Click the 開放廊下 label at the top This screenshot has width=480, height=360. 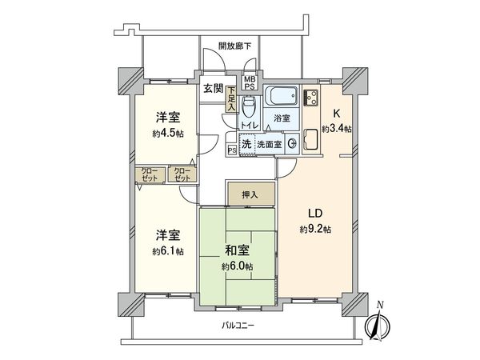(236, 46)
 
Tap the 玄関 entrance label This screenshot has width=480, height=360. (212, 89)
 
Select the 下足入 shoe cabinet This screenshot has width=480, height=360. (230, 98)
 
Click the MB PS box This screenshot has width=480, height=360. (250, 83)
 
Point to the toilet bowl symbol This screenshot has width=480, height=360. (249, 107)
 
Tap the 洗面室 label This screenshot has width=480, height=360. (267, 145)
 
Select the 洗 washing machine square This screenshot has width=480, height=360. (246, 145)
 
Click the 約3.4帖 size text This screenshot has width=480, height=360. (337, 130)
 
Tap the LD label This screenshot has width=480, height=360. (315, 213)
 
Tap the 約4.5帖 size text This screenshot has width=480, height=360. (168, 134)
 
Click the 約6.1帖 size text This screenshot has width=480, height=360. (168, 251)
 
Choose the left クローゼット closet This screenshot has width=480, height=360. (150, 174)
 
